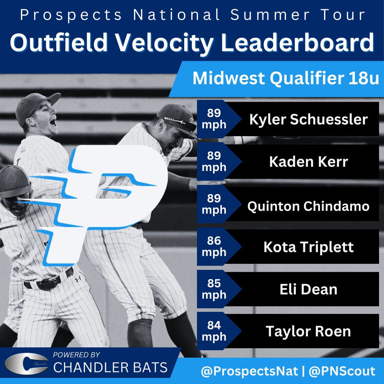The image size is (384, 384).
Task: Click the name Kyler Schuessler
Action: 308,119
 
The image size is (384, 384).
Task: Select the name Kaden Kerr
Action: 308,162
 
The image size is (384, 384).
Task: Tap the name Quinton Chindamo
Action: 308,206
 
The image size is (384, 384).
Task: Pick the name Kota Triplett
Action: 308,247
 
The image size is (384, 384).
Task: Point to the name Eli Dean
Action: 308,289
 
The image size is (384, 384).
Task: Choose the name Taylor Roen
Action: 308,331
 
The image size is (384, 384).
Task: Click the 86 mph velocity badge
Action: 214,246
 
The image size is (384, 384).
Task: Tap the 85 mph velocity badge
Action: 214,289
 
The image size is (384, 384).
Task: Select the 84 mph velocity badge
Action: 214,331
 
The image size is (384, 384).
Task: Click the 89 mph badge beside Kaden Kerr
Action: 214,161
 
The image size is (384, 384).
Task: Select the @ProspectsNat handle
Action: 249,372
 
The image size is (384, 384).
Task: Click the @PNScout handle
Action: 342,372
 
